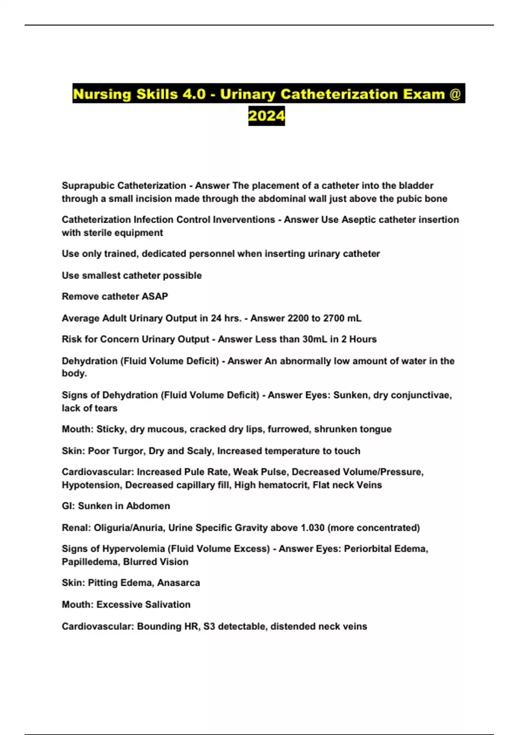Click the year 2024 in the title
(266, 116)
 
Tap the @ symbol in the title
(455, 94)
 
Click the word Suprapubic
(87, 185)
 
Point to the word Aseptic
(358, 220)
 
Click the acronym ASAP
(155, 297)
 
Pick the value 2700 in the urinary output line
(332, 318)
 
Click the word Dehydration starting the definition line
(89, 361)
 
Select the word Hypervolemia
(134, 549)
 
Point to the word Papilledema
(90, 562)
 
